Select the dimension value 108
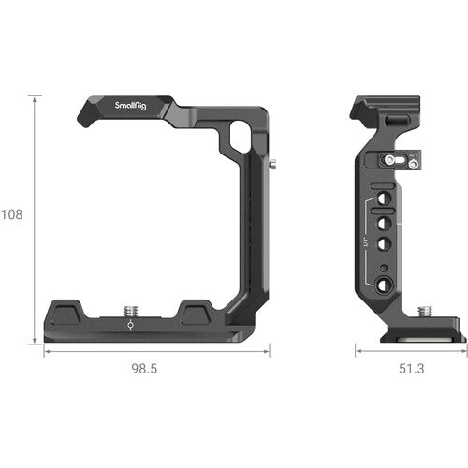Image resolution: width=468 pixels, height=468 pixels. (x=13, y=213)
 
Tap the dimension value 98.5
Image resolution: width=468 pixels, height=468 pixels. (x=143, y=369)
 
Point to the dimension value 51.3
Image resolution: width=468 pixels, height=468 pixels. (x=410, y=369)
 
